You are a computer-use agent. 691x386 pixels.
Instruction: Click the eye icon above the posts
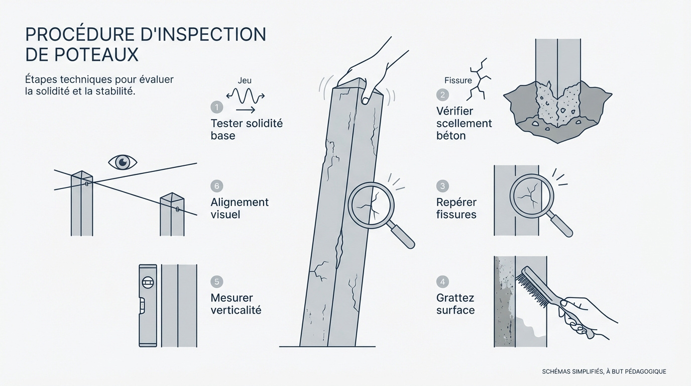click(x=123, y=162)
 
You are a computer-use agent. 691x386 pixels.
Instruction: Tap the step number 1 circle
click(x=216, y=107)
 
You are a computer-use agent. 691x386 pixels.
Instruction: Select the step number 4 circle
click(x=442, y=281)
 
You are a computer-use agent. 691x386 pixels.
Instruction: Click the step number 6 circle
click(x=216, y=186)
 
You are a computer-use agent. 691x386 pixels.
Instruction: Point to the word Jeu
click(x=245, y=80)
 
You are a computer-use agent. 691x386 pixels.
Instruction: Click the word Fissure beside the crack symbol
click(x=458, y=80)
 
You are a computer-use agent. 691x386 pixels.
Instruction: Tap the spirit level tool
click(x=147, y=305)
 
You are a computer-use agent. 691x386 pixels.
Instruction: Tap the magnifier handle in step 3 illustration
click(x=561, y=226)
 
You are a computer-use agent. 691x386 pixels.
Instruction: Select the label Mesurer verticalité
click(x=236, y=304)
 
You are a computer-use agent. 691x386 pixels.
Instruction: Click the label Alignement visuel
click(x=240, y=208)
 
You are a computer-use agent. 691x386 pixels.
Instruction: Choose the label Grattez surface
click(x=455, y=304)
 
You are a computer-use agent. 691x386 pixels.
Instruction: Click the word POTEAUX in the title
click(x=81, y=54)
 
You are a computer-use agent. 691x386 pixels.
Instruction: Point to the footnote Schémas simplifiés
click(x=604, y=371)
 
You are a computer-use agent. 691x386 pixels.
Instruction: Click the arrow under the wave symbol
click(x=245, y=109)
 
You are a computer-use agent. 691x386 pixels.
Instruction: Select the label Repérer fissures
click(x=456, y=208)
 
